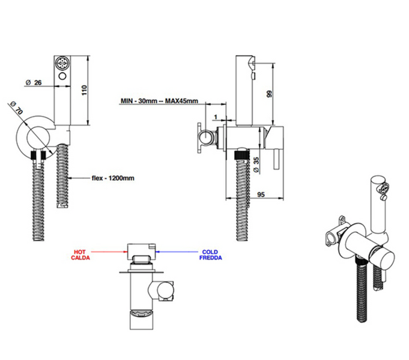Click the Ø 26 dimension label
[x=34, y=83]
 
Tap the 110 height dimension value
[x=84, y=90]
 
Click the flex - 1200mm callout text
[x=113, y=178]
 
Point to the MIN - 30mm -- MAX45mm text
[x=159, y=101]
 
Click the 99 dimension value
[x=269, y=94]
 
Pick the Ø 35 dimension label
[x=256, y=164]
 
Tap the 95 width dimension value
[x=261, y=194]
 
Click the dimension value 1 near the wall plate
[x=216, y=117]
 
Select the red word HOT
[x=79, y=252]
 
